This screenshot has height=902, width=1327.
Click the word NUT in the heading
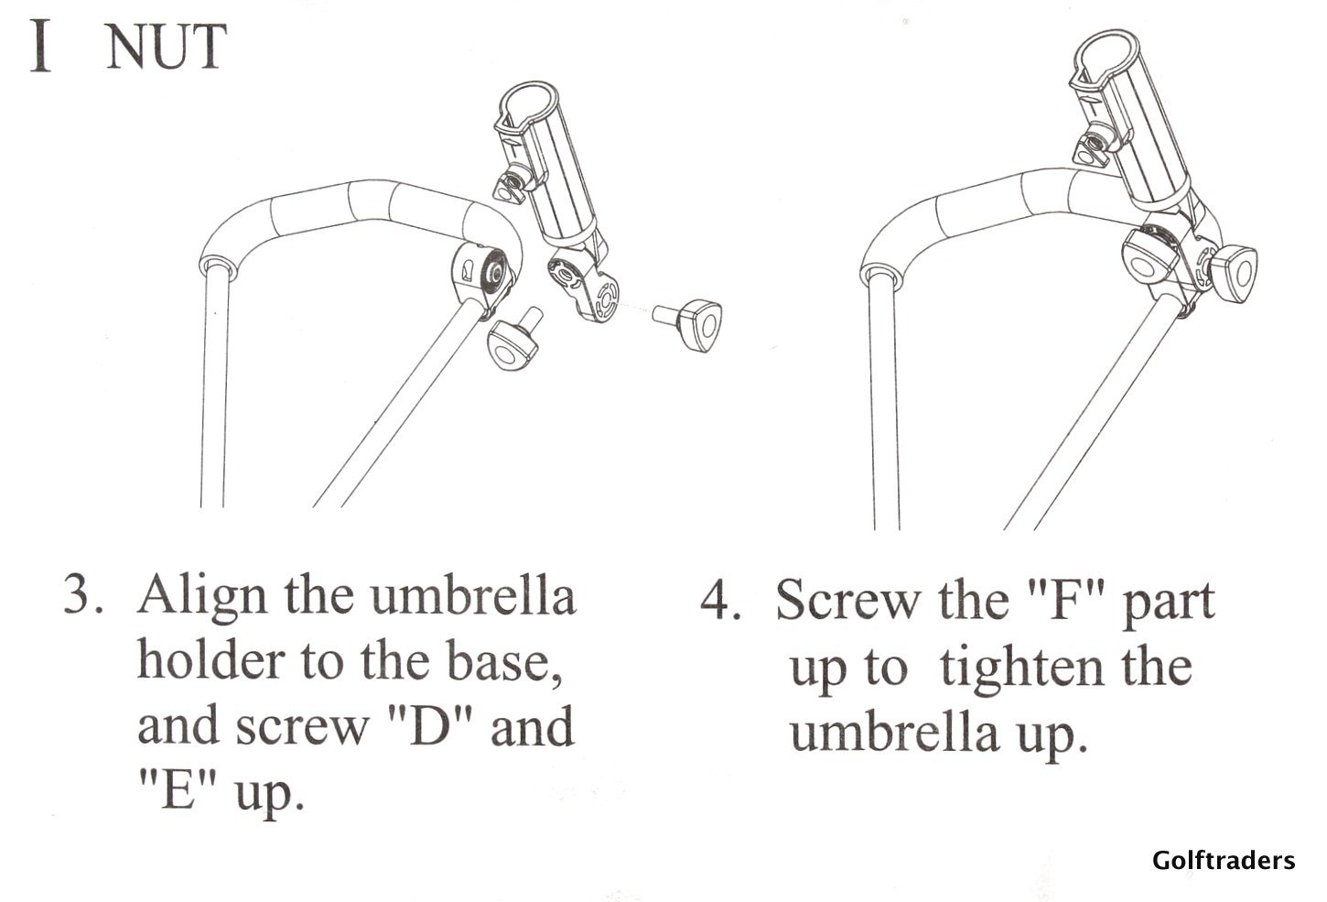tap(167, 48)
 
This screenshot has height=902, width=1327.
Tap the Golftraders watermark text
tap(1224, 861)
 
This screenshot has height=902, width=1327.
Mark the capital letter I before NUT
tap(40, 46)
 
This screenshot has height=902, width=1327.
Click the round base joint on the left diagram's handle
tap(480, 277)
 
